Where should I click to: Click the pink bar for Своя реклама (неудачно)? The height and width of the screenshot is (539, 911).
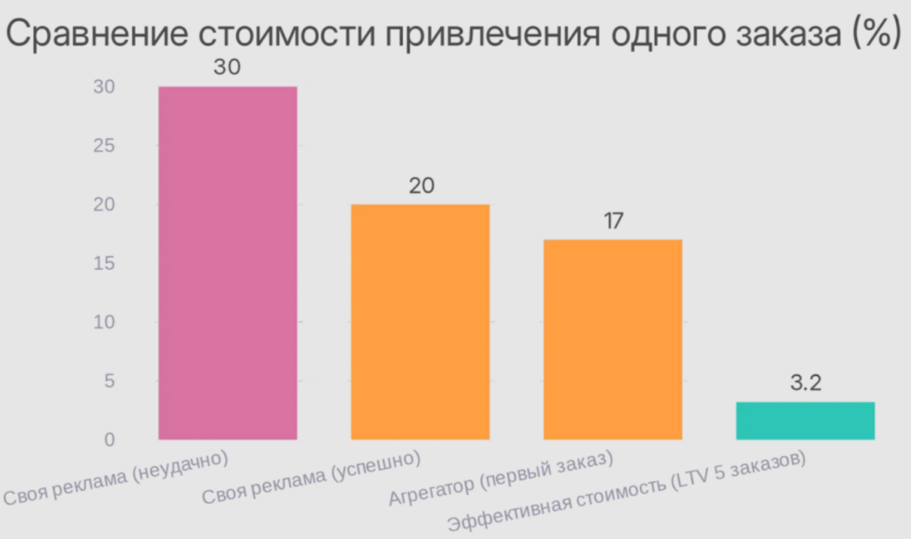tap(228, 262)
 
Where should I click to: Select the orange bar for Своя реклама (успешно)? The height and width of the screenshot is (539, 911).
tap(420, 321)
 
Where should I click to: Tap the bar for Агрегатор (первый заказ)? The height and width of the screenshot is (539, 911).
tap(612, 339)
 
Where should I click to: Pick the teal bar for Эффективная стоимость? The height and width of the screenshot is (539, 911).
tap(805, 421)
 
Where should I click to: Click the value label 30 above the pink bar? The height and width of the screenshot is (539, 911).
tap(228, 68)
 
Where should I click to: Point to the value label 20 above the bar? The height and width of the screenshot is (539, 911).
tap(420, 186)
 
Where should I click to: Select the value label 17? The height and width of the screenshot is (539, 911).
tap(612, 221)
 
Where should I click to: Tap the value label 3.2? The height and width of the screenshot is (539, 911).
tap(805, 384)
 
